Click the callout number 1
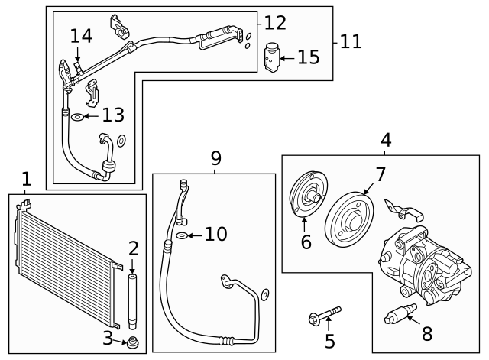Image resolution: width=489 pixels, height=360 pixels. [27, 179]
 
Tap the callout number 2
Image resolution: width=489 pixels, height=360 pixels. [133, 248]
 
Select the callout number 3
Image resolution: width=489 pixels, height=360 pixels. [108, 338]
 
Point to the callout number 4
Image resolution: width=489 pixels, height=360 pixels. [386, 140]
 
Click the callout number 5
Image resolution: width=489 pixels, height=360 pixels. [329, 341]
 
